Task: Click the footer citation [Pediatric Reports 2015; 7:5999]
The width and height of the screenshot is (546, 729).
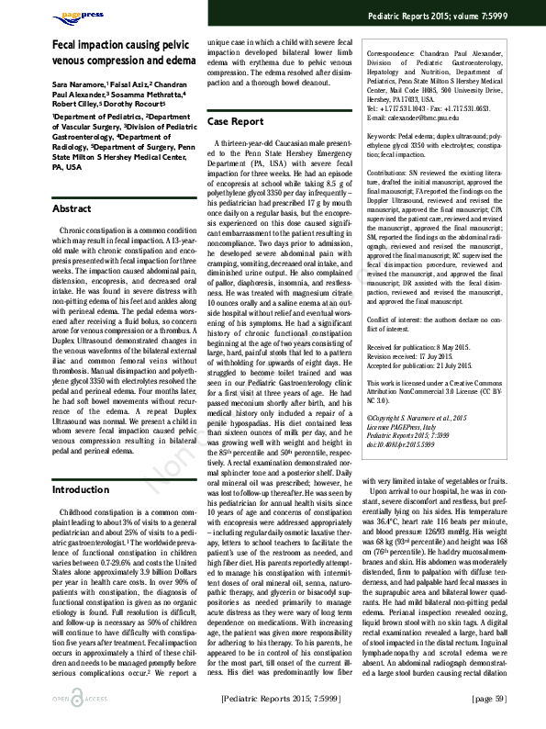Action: pyautogui.click(x=281, y=700)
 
